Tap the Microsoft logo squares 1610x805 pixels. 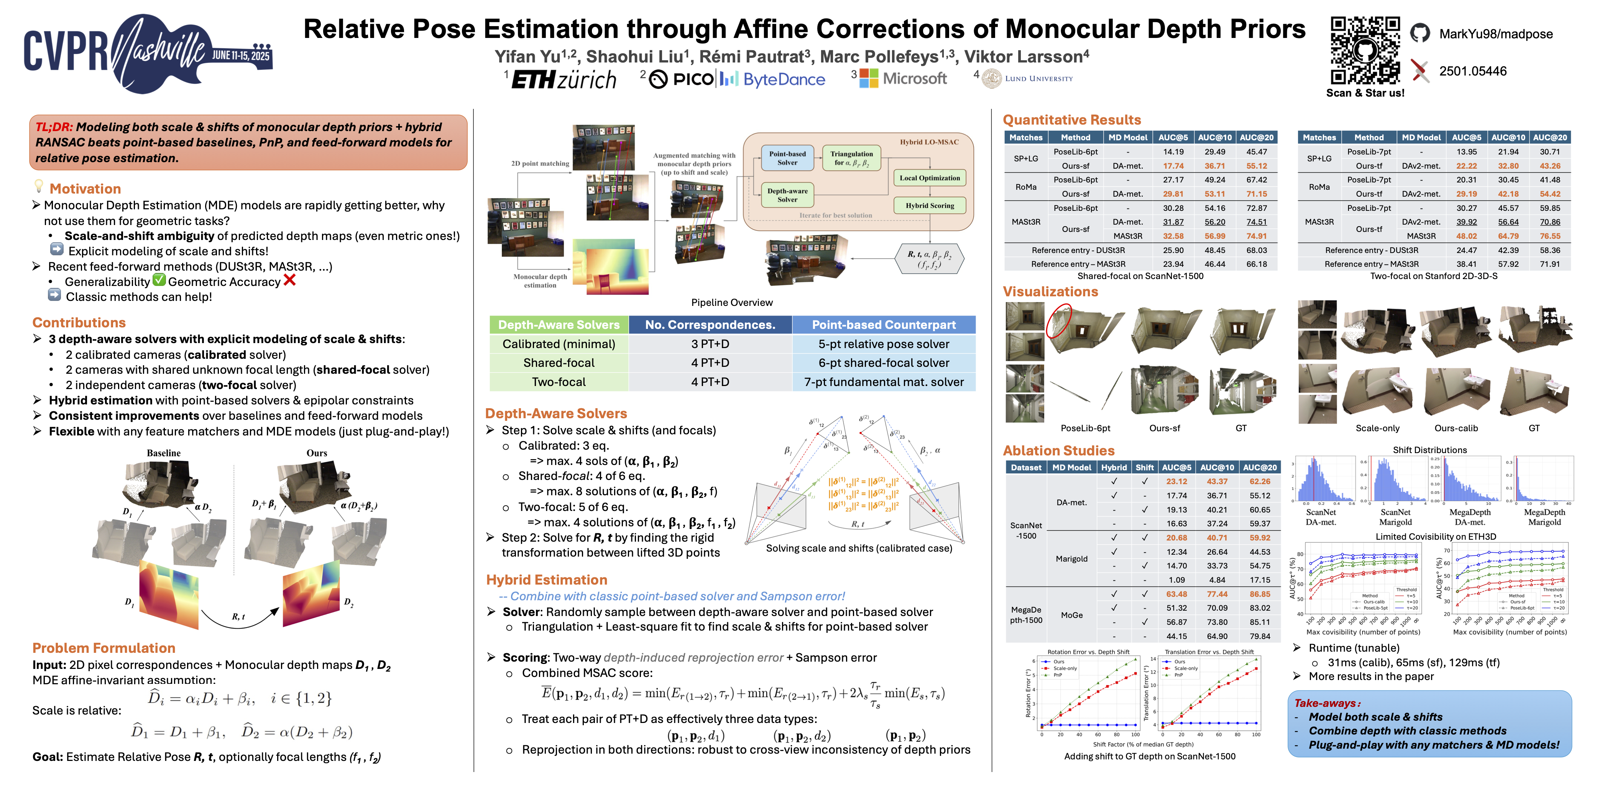point(869,78)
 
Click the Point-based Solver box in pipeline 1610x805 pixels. point(787,158)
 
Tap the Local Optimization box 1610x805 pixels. point(929,178)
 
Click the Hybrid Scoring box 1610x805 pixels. point(929,205)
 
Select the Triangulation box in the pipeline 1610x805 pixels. point(851,158)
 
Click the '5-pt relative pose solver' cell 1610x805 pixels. point(883,344)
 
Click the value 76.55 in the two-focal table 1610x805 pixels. point(1549,236)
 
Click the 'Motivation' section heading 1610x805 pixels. point(85,189)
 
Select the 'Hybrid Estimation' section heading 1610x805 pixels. point(546,580)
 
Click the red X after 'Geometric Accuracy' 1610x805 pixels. point(289,281)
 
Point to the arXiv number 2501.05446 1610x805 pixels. point(1472,71)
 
